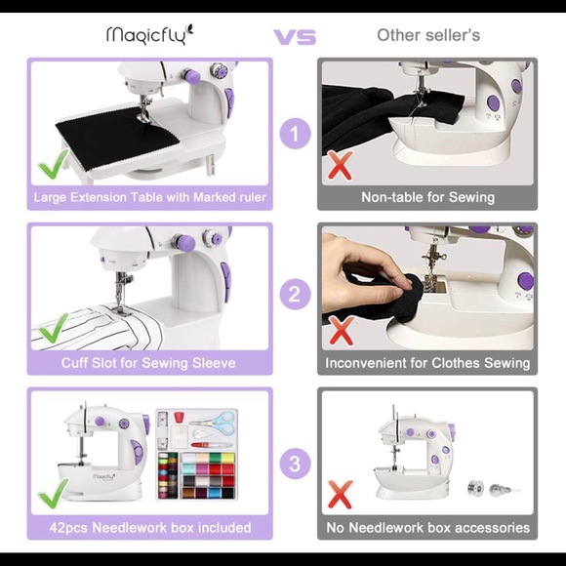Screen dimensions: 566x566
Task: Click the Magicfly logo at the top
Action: pyautogui.click(x=149, y=35)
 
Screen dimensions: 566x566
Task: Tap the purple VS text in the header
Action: pyautogui.click(x=294, y=37)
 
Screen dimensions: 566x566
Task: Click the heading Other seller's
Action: pyautogui.click(x=427, y=35)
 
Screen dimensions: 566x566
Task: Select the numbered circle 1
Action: pyautogui.click(x=295, y=132)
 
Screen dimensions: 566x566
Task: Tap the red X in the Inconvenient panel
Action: pyautogui.click(x=341, y=331)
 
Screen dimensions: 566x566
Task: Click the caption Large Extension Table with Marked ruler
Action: pyautogui.click(x=149, y=197)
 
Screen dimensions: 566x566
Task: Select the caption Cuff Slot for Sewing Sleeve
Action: pyautogui.click(x=149, y=363)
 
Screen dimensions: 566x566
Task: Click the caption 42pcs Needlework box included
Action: pyautogui.click(x=149, y=528)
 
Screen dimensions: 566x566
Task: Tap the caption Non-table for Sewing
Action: pyautogui.click(x=427, y=197)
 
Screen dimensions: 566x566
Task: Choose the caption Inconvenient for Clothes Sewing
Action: pyautogui.click(x=427, y=363)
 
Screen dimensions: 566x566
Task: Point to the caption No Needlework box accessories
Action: pyautogui.click(x=427, y=528)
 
